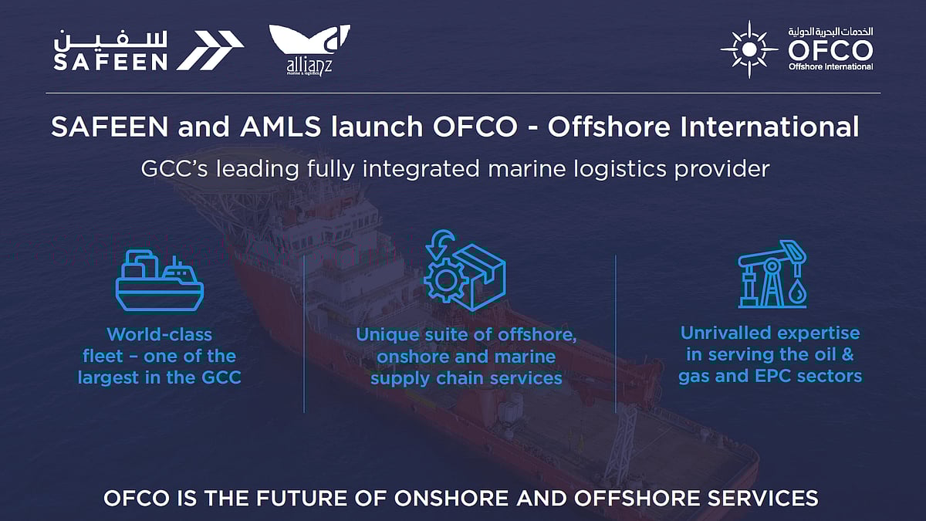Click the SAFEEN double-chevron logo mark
pyautogui.click(x=211, y=51)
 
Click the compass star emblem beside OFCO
pyautogui.click(x=749, y=49)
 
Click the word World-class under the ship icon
pyautogui.click(x=160, y=334)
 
